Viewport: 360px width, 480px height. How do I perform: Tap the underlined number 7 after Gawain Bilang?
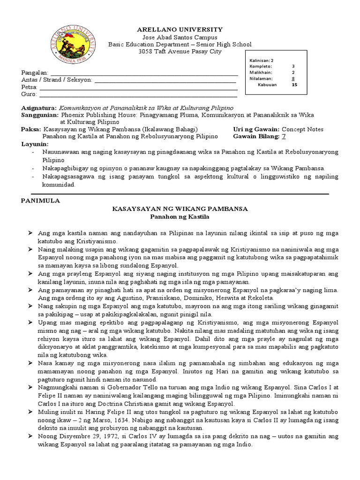(x=283, y=136)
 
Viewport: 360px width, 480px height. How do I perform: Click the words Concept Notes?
(x=304, y=129)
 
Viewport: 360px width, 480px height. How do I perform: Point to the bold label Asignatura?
(x=39, y=108)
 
